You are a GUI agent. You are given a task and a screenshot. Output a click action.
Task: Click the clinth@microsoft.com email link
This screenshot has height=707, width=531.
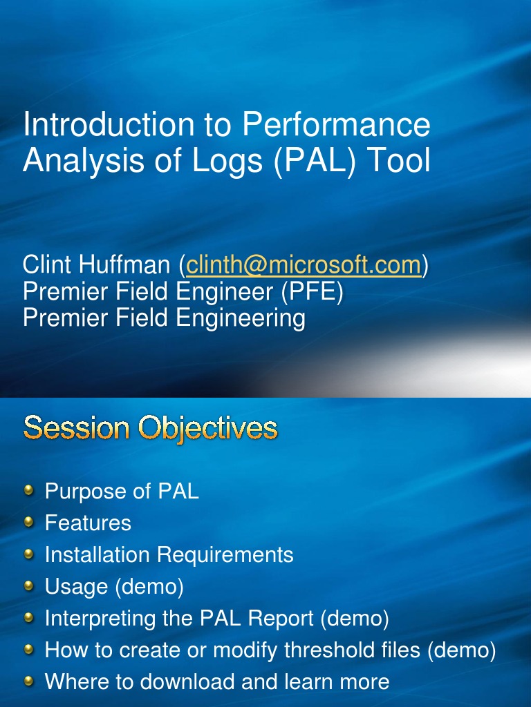tap(304, 264)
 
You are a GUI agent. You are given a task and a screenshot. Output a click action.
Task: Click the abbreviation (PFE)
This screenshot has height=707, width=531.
tap(312, 291)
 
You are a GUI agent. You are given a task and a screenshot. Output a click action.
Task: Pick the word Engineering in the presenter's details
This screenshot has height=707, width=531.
tap(241, 318)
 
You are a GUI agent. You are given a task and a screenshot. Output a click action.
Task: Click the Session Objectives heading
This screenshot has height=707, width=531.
tap(150, 428)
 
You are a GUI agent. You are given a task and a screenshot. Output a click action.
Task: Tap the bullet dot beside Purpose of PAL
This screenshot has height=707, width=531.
tap(29, 490)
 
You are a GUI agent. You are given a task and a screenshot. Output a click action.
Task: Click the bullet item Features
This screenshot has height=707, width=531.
tap(88, 523)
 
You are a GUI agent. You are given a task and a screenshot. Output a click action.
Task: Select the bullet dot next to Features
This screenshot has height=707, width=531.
tap(29, 522)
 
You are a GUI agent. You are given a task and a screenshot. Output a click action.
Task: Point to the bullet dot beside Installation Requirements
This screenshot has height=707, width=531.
tap(29, 554)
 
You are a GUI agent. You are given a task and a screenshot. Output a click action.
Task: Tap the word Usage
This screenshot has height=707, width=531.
tap(76, 587)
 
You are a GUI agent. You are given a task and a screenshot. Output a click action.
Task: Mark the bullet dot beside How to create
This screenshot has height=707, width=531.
tap(29, 649)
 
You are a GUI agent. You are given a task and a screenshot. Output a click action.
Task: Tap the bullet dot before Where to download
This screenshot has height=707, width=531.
tap(29, 681)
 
